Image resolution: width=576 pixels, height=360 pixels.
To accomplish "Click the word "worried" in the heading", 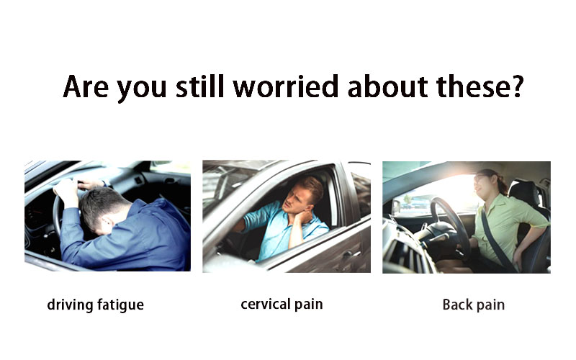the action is tap(285, 87).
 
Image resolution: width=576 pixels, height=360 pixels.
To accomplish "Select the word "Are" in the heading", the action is tap(86, 86).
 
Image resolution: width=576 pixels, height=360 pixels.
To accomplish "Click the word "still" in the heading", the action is tap(200, 86).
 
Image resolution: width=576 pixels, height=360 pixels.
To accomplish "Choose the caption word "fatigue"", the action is tap(120, 305).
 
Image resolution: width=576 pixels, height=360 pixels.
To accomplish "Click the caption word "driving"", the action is tap(70, 305).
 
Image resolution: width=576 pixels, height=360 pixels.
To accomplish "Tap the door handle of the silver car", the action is tap(347, 253).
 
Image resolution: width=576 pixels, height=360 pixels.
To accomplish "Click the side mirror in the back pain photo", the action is tap(395, 207).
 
